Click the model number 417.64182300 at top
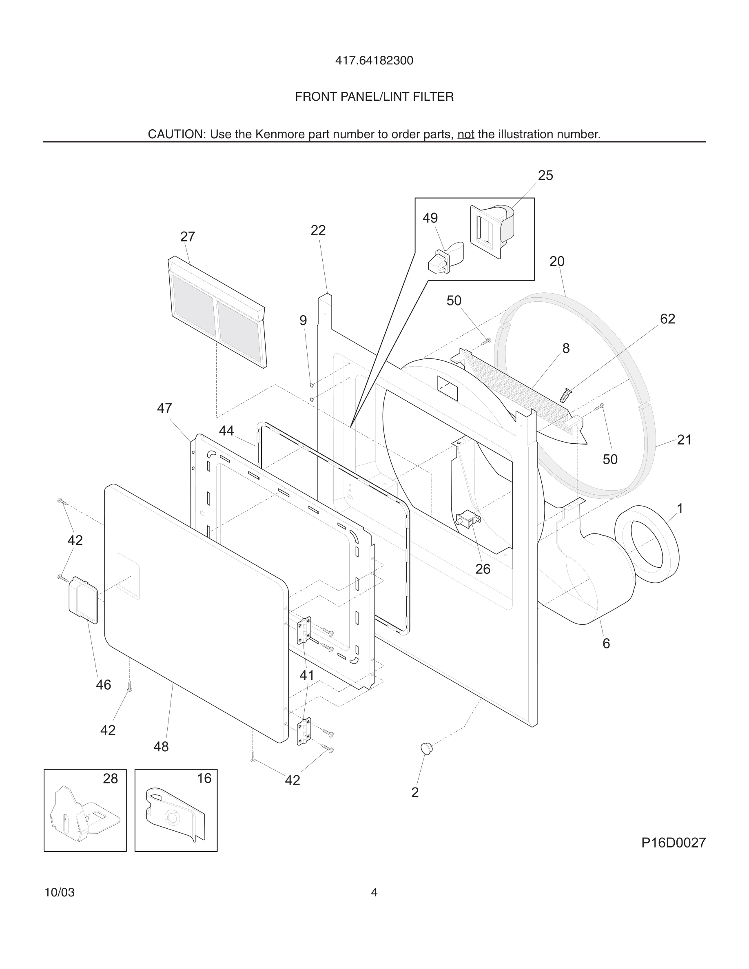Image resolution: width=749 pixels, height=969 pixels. (x=374, y=61)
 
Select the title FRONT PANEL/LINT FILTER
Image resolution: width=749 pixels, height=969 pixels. (x=374, y=97)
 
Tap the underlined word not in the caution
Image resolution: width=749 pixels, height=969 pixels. (x=465, y=135)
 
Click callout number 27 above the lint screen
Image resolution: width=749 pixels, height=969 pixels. (x=188, y=237)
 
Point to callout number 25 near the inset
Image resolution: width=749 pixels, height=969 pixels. (x=545, y=176)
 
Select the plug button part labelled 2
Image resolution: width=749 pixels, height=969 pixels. (x=426, y=748)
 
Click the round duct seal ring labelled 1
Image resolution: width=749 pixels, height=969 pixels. (x=647, y=544)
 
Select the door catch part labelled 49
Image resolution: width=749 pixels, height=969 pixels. (x=440, y=262)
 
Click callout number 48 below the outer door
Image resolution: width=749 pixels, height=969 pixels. (x=161, y=747)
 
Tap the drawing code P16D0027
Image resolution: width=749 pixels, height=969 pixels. (x=673, y=843)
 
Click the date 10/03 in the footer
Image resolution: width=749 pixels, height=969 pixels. (x=60, y=892)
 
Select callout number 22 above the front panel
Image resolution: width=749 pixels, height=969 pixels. (x=318, y=230)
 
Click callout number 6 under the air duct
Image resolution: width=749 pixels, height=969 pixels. (x=606, y=643)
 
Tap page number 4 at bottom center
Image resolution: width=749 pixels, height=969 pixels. (x=374, y=892)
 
